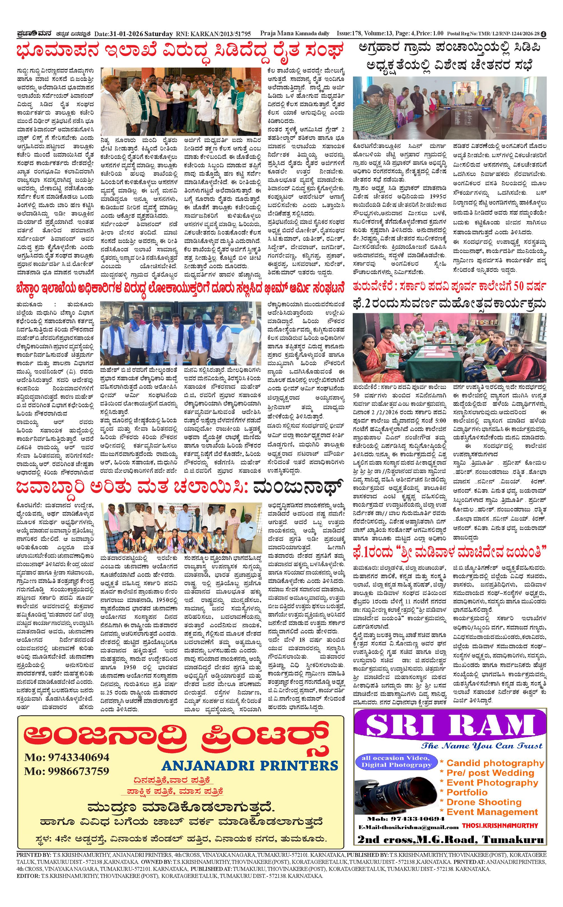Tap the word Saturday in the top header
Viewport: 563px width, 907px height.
159,34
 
